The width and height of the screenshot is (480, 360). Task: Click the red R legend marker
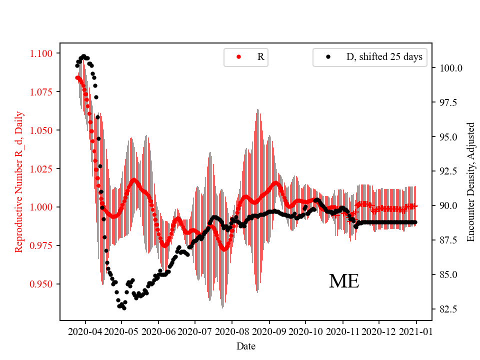click(238, 57)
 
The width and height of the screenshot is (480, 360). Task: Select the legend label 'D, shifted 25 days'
click(384, 57)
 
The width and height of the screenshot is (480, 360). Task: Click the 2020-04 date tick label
click(85, 331)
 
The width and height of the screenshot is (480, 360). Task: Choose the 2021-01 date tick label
click(416, 331)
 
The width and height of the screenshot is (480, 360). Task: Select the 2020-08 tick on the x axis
click(232, 331)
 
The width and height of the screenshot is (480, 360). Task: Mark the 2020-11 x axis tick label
click(343, 331)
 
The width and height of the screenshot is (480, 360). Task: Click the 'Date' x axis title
click(246, 346)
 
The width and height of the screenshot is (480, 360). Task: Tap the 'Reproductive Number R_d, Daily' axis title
click(19, 186)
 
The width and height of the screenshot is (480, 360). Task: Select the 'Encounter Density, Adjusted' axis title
click(470, 182)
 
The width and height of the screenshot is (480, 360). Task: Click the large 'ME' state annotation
click(344, 281)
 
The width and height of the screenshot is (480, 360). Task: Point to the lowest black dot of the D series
click(124, 308)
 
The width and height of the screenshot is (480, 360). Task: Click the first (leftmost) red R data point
click(77, 77)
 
